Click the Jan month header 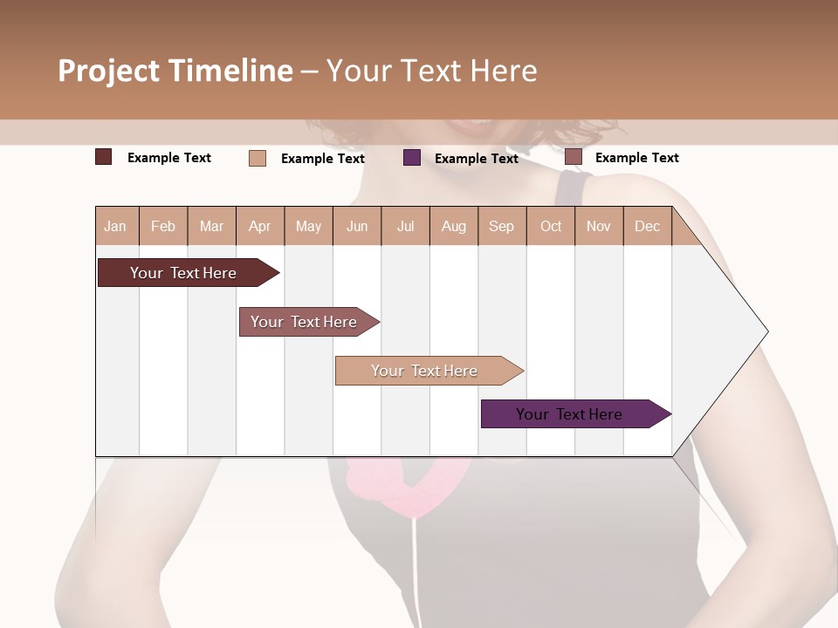pyautogui.click(x=115, y=226)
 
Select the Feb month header pyautogui.click(x=163, y=226)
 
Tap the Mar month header pyautogui.click(x=211, y=226)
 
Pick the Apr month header pyautogui.click(x=260, y=226)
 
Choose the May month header pyautogui.click(x=308, y=226)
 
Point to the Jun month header pyautogui.click(x=357, y=226)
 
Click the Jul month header pyautogui.click(x=405, y=226)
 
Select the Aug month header pyautogui.click(x=454, y=226)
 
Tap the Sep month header pyautogui.click(x=502, y=226)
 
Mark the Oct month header pyautogui.click(x=551, y=226)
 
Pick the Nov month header pyautogui.click(x=599, y=226)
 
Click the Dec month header pyautogui.click(x=648, y=226)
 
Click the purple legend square pyautogui.click(x=412, y=158)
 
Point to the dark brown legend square pyautogui.click(x=104, y=157)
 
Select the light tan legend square pyautogui.click(x=258, y=158)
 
